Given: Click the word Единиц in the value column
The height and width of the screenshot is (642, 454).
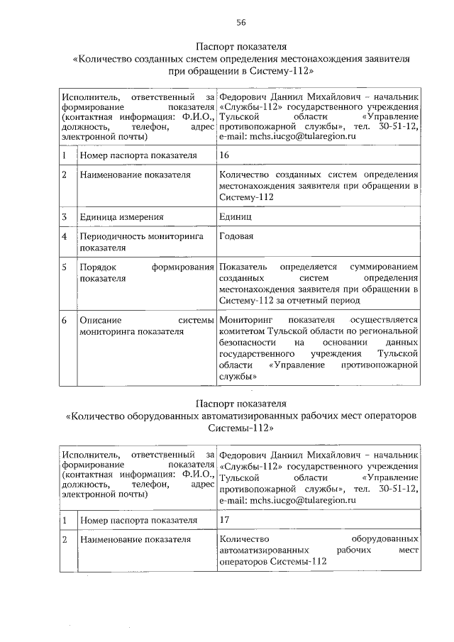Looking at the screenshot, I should (235, 217).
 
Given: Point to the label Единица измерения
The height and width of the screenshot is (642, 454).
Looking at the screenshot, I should (121, 217).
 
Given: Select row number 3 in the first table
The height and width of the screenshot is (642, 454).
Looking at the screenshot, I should (65, 217).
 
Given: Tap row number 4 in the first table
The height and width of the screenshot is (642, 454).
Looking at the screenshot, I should (65, 237).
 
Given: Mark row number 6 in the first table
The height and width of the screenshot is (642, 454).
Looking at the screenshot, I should (65, 321).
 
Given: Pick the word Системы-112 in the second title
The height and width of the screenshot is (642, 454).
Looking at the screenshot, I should (240, 429).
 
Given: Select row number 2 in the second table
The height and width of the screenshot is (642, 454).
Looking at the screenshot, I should (65, 541).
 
